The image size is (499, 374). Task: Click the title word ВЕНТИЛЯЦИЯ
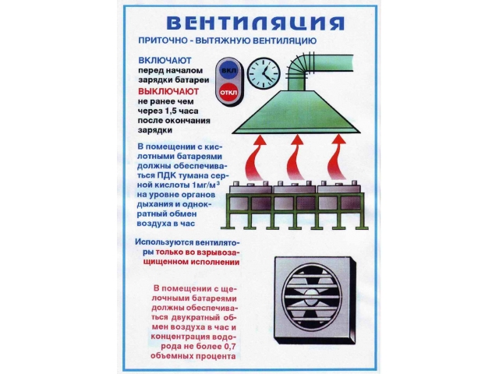(x=255, y=23)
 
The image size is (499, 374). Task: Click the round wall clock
(x=264, y=72)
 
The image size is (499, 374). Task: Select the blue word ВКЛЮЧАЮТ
(x=165, y=61)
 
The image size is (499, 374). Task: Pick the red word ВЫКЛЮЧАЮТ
(x=168, y=92)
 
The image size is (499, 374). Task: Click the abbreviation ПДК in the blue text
(x=165, y=175)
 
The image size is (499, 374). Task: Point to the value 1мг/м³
(x=206, y=185)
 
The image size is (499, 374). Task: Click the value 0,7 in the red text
(x=232, y=346)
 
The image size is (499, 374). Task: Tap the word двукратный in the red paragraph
(x=196, y=317)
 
